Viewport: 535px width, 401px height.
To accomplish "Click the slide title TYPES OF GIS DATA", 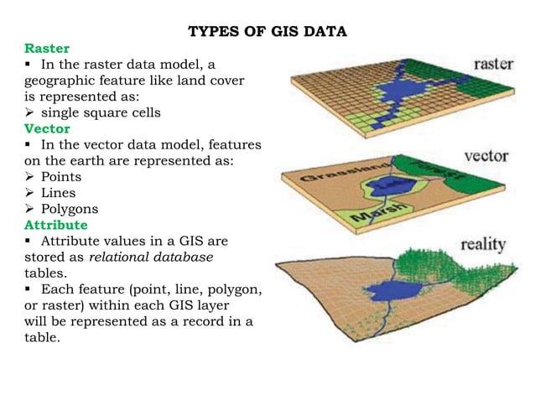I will point(267,33).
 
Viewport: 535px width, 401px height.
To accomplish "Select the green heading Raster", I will point(47,49).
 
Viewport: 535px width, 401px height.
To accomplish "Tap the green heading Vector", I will point(47,129).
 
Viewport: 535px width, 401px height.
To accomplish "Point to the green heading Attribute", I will point(57,226).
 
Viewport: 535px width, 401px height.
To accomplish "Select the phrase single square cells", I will point(92,113).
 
